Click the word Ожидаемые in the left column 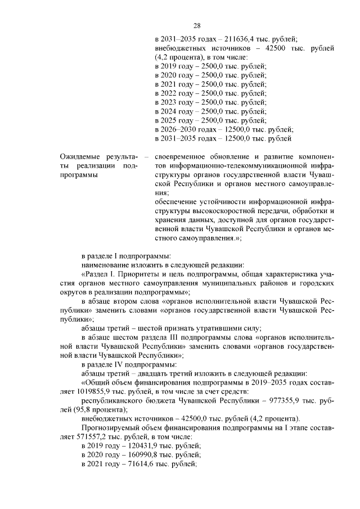[x=79, y=157]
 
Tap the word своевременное [x=182, y=157]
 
